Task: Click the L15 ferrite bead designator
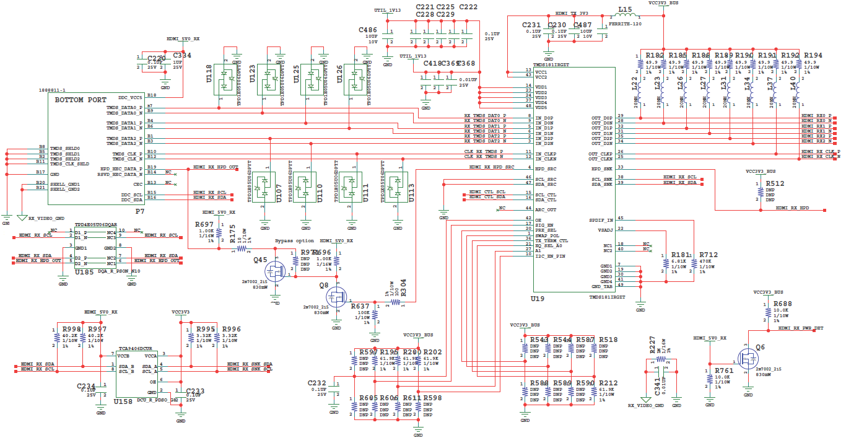tap(626, 10)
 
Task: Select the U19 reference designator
tap(537, 299)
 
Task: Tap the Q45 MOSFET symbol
tap(275, 271)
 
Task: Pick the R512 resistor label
tap(775, 184)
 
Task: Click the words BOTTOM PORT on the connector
tap(81, 100)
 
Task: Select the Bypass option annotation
tap(295, 240)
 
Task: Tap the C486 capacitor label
tap(368, 30)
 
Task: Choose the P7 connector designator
tap(140, 211)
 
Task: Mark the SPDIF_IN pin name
tap(601, 219)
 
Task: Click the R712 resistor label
tap(709, 255)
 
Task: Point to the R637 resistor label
tap(360, 306)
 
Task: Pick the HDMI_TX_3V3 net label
tap(572, 12)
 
